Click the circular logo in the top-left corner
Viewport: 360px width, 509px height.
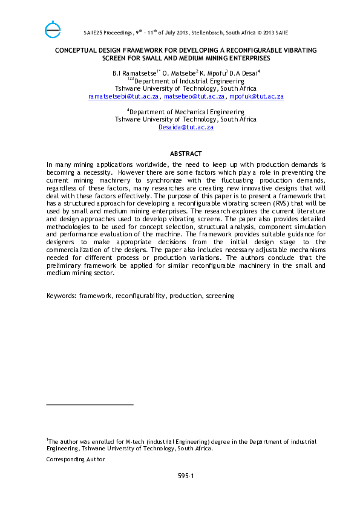click(53, 28)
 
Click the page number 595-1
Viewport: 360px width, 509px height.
click(186, 476)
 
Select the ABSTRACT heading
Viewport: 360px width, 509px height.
click(186, 154)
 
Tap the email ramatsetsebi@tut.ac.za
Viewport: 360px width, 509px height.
click(123, 96)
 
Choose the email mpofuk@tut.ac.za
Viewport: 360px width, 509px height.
click(257, 96)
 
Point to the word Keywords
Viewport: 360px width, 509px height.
click(61, 296)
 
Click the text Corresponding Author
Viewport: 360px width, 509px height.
click(76, 459)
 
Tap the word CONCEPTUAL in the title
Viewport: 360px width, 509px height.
click(77, 51)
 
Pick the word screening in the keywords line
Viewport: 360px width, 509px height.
click(220, 296)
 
